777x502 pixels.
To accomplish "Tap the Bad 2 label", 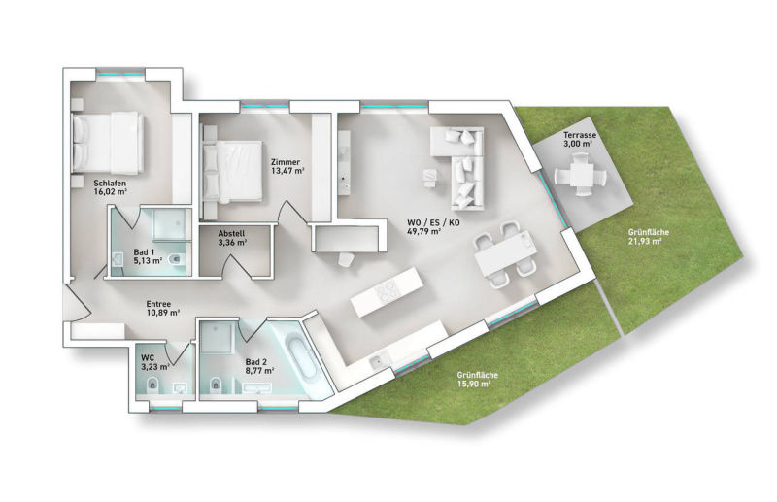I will pyautogui.click(x=258, y=366).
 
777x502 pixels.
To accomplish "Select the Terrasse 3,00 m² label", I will pyautogui.click(x=578, y=139).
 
